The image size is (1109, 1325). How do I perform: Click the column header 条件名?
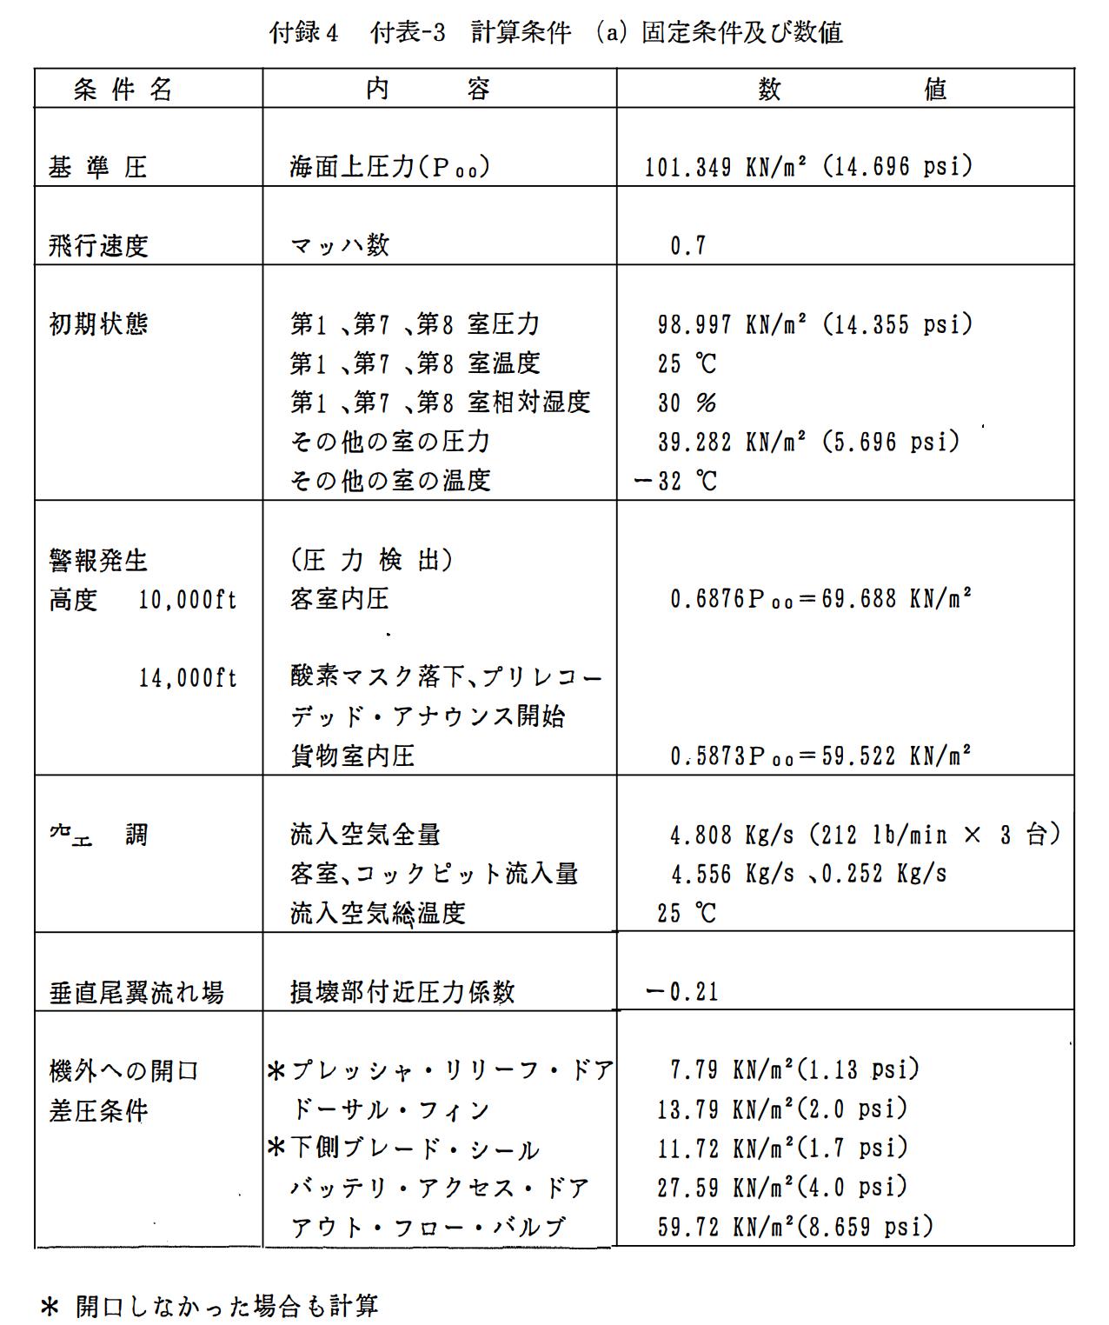coord(123,89)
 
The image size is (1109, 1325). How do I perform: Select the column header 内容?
coord(428,89)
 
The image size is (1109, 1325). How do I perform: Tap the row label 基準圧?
coord(97,167)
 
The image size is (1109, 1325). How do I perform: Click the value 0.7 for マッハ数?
coord(687,246)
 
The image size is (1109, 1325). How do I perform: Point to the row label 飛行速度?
coord(98,246)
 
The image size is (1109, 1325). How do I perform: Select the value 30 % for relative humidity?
coord(687,403)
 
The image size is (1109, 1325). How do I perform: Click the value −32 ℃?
coord(676,481)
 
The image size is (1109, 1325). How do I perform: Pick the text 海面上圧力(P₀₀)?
coord(389,167)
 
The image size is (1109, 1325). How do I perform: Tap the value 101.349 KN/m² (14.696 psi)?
coord(807,167)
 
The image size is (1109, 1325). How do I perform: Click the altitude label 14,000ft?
coord(188,678)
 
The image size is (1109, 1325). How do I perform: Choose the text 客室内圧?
coord(340,599)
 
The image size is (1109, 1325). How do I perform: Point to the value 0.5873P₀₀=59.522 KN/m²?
coord(820,756)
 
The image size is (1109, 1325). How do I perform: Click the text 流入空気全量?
coord(365,835)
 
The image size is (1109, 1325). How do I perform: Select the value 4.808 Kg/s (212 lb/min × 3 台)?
coord(865,836)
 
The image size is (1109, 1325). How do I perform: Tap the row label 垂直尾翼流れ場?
coord(136,992)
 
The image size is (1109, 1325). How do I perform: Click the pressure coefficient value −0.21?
coord(682,992)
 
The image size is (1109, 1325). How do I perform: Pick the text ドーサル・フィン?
coord(391,1110)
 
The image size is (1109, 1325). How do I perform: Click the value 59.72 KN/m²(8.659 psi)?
coord(794,1227)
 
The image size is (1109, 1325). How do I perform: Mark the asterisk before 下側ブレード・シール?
coord(276,1149)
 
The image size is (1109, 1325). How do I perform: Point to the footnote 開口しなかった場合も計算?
coord(227,1306)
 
